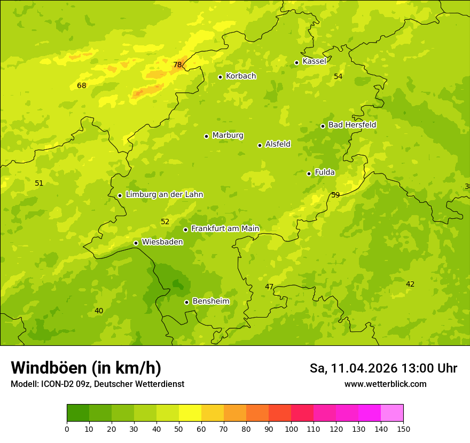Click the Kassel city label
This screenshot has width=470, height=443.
tap(314, 61)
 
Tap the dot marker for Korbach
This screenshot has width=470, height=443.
tap(220, 77)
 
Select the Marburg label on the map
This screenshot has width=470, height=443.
tap(228, 136)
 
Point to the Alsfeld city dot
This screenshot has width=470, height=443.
tap(260, 145)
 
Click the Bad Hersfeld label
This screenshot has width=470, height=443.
tap(352, 125)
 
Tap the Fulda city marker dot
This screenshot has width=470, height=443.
tap(309, 173)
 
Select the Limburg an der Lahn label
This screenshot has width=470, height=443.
tap(164, 195)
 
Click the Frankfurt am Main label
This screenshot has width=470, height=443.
tap(225, 229)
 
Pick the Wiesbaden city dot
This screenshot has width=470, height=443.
tap(136, 243)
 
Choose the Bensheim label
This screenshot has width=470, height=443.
tap(210, 302)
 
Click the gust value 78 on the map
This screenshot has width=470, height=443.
tap(177, 65)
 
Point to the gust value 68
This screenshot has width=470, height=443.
tap(81, 85)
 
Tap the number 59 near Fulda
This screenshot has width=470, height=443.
tap(335, 195)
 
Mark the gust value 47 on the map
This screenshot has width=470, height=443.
tap(269, 287)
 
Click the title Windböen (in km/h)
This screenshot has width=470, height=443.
tap(86, 368)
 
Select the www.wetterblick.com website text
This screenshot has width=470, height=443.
tap(385, 384)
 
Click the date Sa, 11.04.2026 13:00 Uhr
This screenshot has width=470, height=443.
tap(383, 368)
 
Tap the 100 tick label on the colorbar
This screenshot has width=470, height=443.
tap(291, 429)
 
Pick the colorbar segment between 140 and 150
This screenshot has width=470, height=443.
tap(392, 413)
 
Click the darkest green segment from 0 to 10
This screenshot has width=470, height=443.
tap(78, 413)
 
